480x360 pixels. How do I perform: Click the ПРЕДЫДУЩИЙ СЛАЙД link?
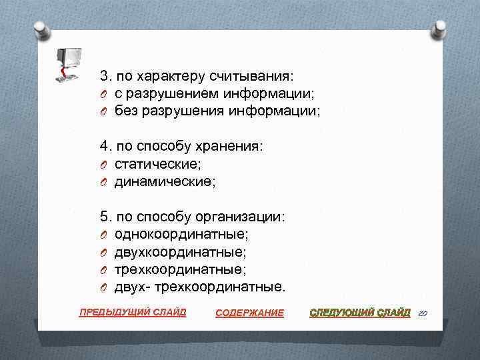coord(133,312)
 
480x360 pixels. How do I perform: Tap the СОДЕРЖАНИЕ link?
coord(250,313)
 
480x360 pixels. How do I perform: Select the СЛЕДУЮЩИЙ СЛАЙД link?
coord(360,312)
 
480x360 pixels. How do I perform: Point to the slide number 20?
coord(423,312)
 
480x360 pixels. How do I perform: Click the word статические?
coord(157,163)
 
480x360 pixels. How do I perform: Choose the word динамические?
coord(165,181)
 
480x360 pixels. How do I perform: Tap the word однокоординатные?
coord(181,234)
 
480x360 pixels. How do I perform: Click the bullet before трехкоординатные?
coord(104,270)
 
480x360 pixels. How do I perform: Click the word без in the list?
coord(125,111)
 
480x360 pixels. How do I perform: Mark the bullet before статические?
coord(104,164)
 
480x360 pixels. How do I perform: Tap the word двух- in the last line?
coord(132,287)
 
